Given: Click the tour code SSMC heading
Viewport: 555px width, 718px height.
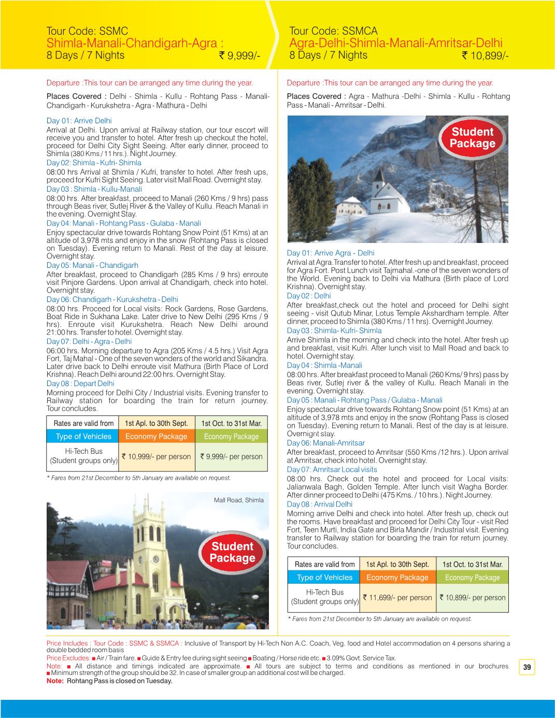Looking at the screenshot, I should coord(87,32).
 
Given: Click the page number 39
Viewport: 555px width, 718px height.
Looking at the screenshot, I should coord(527,667).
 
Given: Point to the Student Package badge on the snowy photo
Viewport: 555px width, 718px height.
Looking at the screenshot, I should coord(472,137).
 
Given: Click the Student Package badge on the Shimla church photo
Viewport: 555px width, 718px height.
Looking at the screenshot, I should coord(232,552).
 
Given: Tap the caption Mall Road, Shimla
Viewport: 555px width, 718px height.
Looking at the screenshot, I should coord(238,500).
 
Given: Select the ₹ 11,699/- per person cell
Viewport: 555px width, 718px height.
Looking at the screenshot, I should coord(397,597).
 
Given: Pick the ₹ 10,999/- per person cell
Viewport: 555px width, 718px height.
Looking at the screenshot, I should coord(156,456).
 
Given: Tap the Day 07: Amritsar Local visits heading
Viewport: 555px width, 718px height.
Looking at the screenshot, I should coord(332,469).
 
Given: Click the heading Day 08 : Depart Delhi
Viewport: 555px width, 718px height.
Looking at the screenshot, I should coord(80,383).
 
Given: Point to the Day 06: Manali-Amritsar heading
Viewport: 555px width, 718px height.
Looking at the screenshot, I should coord(325,443).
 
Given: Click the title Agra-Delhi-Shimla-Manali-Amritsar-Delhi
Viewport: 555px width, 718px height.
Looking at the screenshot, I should coord(395,43).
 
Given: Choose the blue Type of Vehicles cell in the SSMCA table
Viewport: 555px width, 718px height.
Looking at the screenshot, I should coord(324,577).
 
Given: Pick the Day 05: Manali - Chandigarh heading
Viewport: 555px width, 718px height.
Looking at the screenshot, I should coord(92,265).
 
